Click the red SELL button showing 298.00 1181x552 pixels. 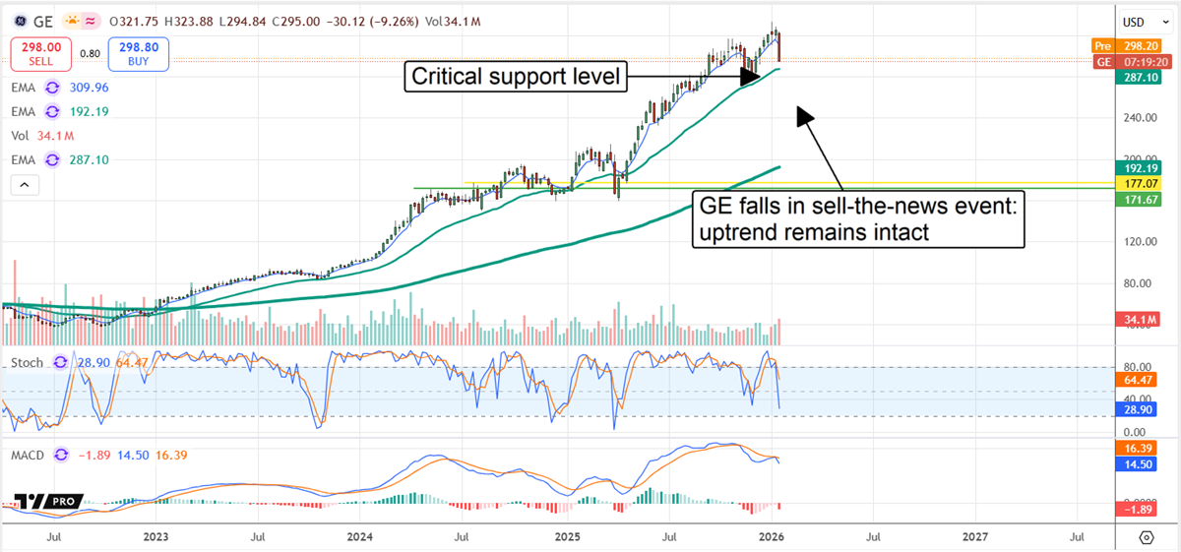click(39, 53)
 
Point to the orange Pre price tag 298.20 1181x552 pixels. click(1133, 46)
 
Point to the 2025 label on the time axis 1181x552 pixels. click(566, 537)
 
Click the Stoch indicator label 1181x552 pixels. click(27, 363)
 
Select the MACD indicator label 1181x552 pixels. click(29, 455)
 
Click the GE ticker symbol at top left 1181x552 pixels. click(42, 21)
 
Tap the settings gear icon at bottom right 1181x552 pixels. click(1147, 537)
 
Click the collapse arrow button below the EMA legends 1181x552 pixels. click(24, 184)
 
